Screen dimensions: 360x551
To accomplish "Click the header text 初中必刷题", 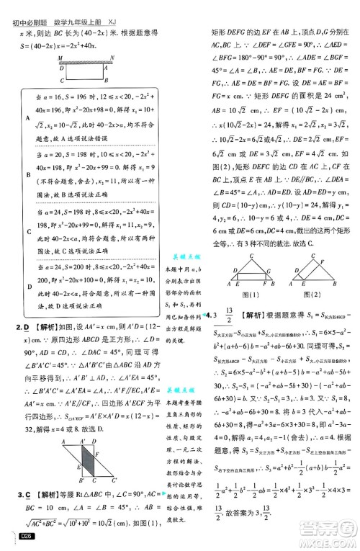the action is click(24, 6).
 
